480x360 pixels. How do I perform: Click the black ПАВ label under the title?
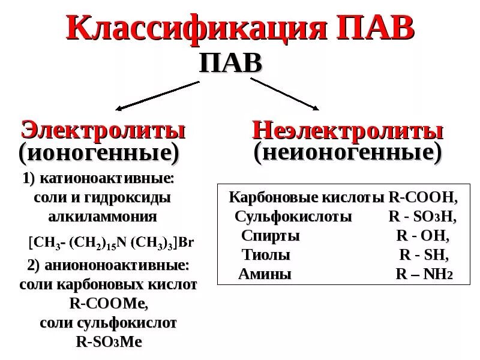[x=230, y=62]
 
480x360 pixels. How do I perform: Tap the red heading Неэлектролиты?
[x=347, y=131]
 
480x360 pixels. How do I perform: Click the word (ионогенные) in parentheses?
[x=99, y=154]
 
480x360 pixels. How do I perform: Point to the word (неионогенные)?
[x=347, y=152]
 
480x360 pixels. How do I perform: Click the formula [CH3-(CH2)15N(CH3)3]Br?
[x=112, y=244]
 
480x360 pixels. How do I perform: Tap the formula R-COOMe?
[x=109, y=304]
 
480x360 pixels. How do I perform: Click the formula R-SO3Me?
[x=109, y=342]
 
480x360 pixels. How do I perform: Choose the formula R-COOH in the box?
[x=423, y=197]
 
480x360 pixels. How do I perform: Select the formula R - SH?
[x=423, y=255]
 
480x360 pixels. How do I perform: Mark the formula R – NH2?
[x=424, y=274]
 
